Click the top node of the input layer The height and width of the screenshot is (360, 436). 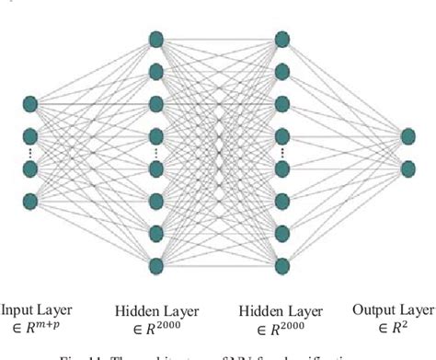click(x=30, y=103)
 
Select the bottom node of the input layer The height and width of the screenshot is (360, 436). click(x=30, y=198)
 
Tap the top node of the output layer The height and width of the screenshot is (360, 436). click(x=408, y=136)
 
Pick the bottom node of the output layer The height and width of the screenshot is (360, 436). click(x=408, y=168)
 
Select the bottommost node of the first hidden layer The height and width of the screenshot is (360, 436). click(x=156, y=264)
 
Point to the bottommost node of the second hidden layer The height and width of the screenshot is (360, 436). click(x=281, y=264)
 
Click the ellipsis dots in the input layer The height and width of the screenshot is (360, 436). click(x=30, y=151)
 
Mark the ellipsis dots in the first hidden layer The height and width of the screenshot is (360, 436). click(x=156, y=152)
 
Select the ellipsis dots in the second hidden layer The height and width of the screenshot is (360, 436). click(x=281, y=152)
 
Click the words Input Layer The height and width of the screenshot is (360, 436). click(x=36, y=310)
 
